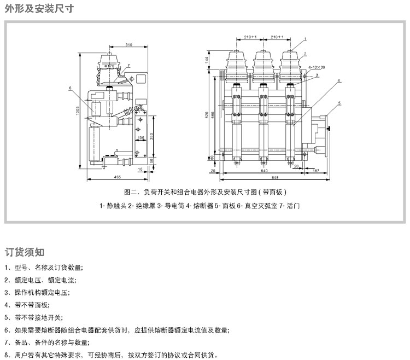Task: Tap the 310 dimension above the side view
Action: pos(128,44)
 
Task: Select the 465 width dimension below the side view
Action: pos(117,177)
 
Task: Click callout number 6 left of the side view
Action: pos(71,88)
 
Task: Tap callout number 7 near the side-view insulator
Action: pos(128,65)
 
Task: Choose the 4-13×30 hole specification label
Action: pos(317,67)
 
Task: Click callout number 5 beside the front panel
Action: pos(339,103)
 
